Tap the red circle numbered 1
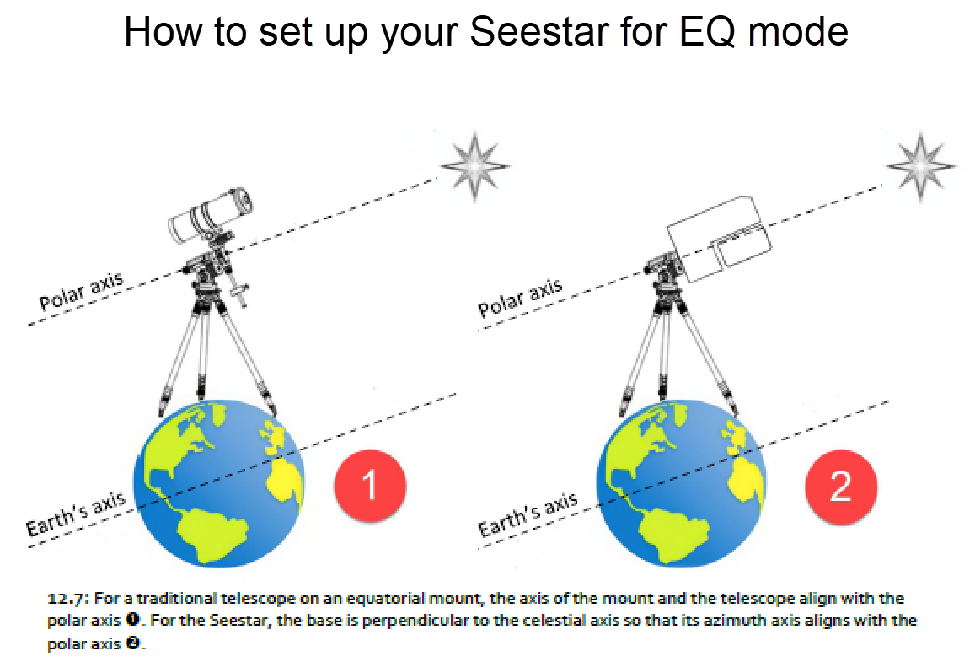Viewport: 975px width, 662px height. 369,485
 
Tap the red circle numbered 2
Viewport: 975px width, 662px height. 840,486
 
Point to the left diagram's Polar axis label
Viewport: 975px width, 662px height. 81,289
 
